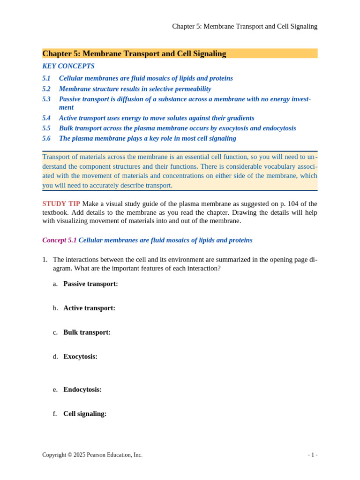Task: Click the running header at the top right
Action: pos(245,26)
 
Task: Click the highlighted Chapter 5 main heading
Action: pos(134,53)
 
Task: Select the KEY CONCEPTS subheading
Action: pos(68,66)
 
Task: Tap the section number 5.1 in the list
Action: pos(46,78)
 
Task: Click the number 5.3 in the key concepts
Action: pos(46,99)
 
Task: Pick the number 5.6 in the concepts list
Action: pos(46,138)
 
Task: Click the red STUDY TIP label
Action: pos(61,203)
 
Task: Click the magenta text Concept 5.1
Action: pos(60,240)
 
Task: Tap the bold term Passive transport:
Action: pos(90,284)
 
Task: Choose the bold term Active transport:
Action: pos(89,308)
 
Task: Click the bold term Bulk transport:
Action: pos(87,332)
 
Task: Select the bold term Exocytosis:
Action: pos(80,357)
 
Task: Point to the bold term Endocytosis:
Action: pos(82,390)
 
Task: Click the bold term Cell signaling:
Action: pos(85,414)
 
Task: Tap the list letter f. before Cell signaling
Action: pos(55,414)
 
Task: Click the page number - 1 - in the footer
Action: pos(313,455)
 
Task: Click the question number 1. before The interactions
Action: pos(45,260)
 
